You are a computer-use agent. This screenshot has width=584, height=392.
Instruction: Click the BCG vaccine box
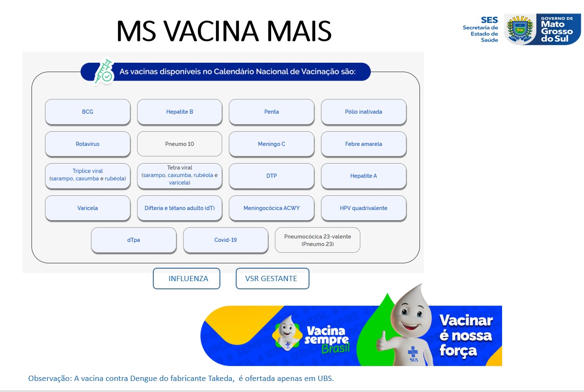[88, 112]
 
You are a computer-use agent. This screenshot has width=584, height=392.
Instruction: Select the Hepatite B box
[180, 112]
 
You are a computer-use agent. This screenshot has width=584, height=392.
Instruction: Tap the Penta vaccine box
[272, 112]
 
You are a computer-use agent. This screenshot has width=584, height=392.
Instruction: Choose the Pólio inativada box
[364, 112]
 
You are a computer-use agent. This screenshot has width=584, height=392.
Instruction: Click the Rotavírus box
[88, 144]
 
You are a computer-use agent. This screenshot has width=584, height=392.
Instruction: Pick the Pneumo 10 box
[180, 144]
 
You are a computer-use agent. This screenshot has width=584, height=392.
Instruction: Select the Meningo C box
[272, 144]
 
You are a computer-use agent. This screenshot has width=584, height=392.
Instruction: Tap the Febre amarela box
[364, 144]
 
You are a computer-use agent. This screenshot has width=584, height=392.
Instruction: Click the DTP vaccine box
[272, 176]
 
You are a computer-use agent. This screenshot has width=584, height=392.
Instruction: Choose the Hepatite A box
[364, 176]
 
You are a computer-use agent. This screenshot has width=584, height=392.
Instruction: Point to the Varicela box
[88, 208]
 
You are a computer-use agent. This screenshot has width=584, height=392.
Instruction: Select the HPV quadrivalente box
[364, 208]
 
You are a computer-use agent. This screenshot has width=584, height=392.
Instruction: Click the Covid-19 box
[226, 240]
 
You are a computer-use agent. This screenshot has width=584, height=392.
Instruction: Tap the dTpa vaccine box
[134, 240]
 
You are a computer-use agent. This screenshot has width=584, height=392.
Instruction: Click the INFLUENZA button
[187, 279]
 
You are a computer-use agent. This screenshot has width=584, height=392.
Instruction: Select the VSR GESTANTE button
[272, 279]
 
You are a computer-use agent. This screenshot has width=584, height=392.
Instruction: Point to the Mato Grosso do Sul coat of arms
[520, 29]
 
